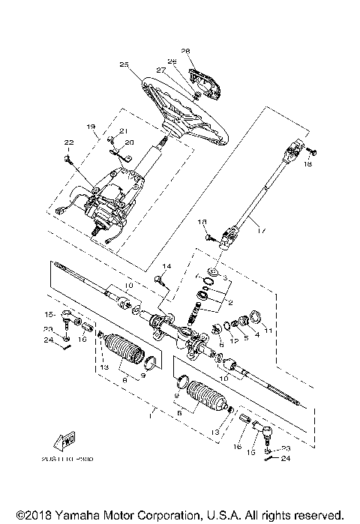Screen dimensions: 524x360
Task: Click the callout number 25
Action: click(x=124, y=65)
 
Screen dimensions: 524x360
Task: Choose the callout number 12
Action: click(x=233, y=342)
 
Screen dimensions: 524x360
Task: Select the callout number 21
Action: click(x=124, y=132)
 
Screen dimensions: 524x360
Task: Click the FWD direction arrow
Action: click(x=65, y=440)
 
